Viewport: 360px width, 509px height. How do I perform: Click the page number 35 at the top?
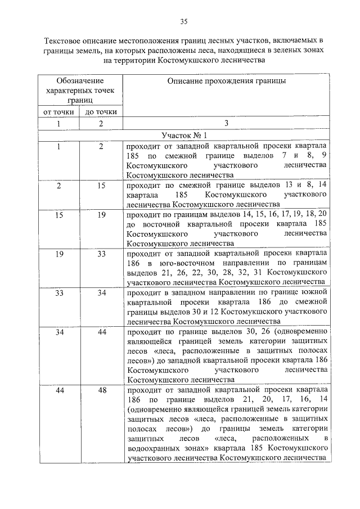(x=183, y=22)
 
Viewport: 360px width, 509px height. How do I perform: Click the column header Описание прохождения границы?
(x=226, y=81)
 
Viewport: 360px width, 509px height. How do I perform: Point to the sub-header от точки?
(x=59, y=111)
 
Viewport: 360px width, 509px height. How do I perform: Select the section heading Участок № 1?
(x=183, y=136)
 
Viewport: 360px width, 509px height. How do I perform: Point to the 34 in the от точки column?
(x=59, y=332)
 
